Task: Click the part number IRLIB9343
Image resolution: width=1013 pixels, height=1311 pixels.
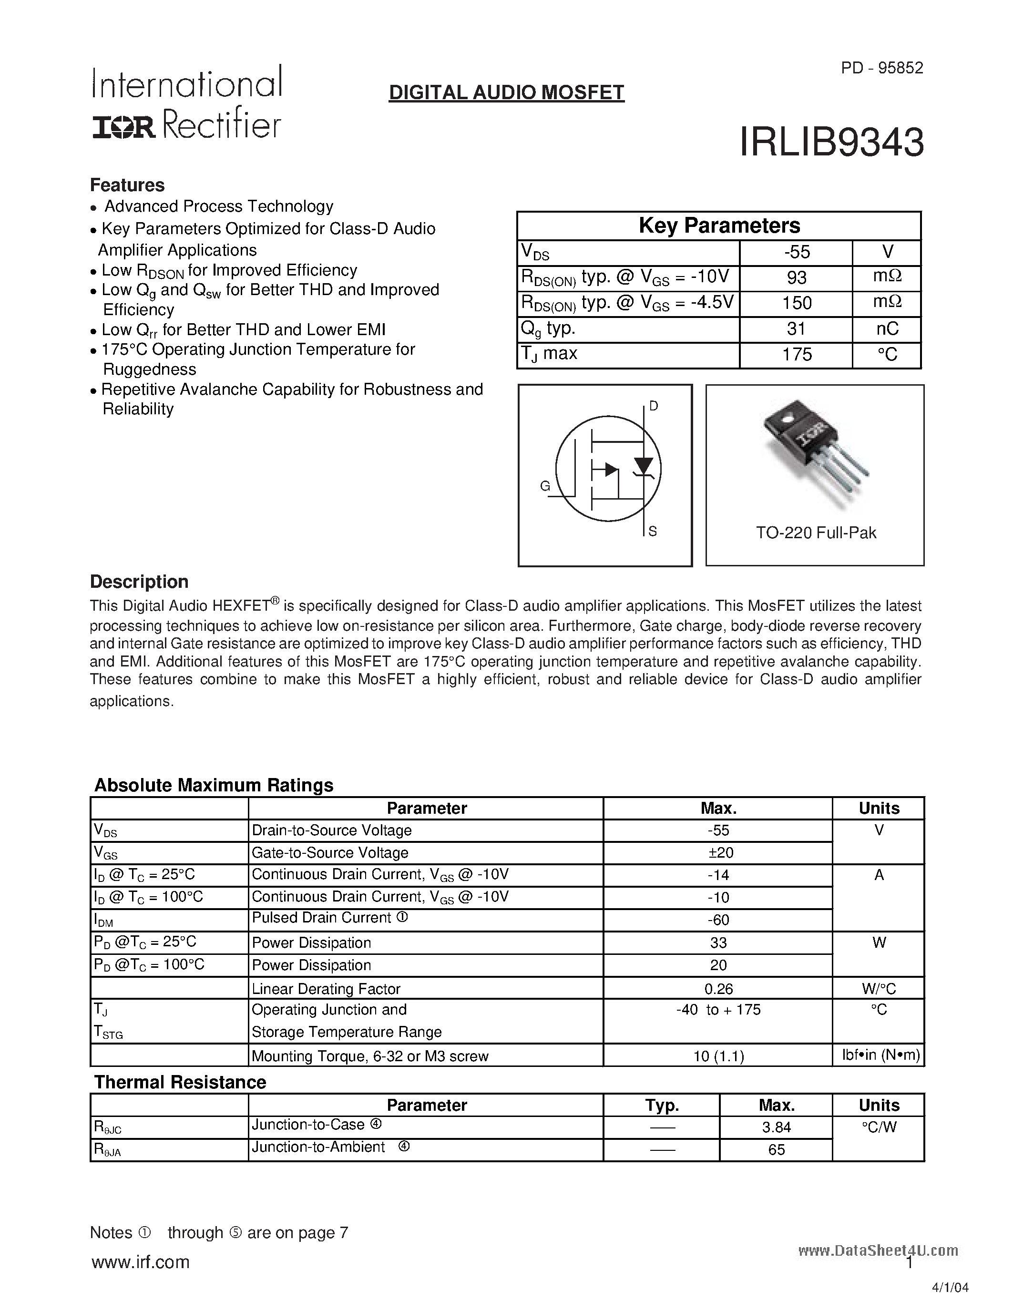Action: click(831, 143)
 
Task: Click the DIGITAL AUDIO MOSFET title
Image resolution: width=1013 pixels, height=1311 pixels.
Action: click(506, 92)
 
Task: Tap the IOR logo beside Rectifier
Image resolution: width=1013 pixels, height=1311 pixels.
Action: click(123, 127)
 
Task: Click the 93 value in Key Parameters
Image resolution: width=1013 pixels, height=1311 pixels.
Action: click(797, 278)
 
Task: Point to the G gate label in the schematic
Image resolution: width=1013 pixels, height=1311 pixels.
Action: click(545, 486)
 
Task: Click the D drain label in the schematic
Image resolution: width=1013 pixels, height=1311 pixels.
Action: click(654, 406)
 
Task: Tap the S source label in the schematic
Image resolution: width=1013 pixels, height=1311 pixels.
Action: click(653, 531)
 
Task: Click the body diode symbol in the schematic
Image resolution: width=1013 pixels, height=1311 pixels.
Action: click(644, 466)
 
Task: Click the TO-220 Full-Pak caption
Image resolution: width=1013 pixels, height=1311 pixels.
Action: click(816, 533)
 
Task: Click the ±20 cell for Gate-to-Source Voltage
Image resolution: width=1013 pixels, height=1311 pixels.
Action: click(718, 852)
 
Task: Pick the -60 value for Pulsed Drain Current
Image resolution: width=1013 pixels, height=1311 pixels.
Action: click(718, 920)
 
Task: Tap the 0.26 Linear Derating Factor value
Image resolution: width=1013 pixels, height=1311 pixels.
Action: click(718, 989)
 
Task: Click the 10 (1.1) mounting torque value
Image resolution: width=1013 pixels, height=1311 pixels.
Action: click(718, 1056)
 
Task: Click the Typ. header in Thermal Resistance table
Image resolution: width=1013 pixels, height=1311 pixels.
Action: click(661, 1105)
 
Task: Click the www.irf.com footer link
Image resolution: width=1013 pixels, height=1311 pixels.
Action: click(141, 1262)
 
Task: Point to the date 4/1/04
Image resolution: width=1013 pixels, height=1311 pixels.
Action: click(950, 1288)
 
